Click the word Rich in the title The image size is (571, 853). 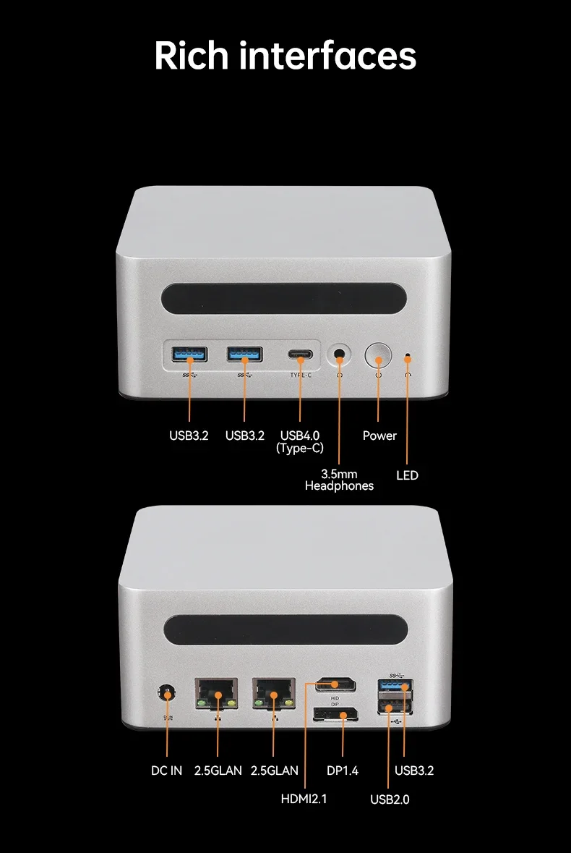pos(191,56)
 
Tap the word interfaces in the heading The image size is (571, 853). pos(328,56)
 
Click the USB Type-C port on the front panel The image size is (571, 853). pos(299,355)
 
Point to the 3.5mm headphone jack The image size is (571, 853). pos(339,356)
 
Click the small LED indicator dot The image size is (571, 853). pos(408,357)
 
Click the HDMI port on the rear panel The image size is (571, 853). pos(335,684)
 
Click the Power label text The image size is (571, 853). pos(379,436)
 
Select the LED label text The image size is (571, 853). pos(407,475)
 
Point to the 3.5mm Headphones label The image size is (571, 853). pos(339,480)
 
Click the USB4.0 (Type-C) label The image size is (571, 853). pos(300,441)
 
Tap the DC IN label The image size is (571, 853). pos(166,771)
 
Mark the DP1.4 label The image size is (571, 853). pos(343,771)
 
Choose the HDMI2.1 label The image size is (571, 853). pos(304,799)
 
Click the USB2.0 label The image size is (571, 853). pos(390,799)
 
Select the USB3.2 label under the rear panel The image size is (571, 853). pos(414,771)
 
